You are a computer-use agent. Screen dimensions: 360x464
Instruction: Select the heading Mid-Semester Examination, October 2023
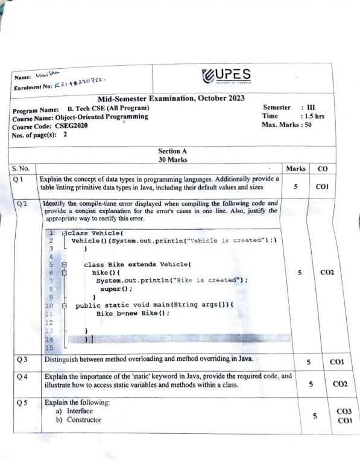click(x=171, y=99)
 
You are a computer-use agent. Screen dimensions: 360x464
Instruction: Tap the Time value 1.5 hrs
click(x=312, y=116)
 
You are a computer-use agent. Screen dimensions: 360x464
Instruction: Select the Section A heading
click(x=171, y=151)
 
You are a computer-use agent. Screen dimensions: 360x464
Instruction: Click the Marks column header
click(x=295, y=169)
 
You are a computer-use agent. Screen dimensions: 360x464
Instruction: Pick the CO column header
click(x=322, y=169)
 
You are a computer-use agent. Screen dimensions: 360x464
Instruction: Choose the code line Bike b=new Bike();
click(x=133, y=314)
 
